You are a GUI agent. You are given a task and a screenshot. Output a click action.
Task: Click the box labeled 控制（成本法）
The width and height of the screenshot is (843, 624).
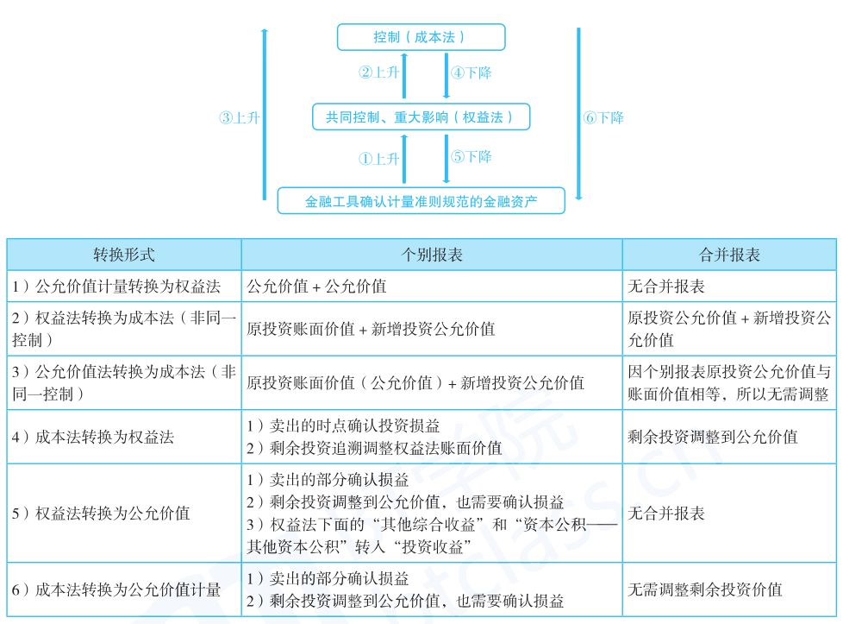420,37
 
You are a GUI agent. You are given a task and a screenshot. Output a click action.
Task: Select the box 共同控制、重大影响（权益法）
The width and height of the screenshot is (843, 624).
420,117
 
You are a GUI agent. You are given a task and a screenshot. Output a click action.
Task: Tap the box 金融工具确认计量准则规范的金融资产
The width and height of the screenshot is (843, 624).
421,201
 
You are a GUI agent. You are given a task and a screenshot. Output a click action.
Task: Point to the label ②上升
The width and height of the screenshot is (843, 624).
379,73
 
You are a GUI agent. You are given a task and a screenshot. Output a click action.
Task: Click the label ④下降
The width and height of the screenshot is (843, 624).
471,73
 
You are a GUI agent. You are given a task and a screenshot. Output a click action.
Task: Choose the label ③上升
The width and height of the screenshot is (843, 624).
239,117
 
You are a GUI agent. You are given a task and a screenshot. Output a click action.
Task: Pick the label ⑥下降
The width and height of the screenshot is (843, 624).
603,117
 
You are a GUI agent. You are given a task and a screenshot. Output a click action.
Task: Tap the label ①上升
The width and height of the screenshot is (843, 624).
379,159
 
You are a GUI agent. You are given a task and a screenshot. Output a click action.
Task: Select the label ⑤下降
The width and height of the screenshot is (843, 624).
471,157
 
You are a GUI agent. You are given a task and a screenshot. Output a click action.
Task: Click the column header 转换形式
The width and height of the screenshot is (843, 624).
124,255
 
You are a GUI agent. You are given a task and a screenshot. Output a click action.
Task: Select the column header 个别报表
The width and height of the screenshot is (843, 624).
432,255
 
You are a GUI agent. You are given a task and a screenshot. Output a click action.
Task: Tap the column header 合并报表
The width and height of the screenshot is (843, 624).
729,255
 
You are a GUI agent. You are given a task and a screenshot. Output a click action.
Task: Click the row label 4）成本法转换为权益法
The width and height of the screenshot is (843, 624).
93,437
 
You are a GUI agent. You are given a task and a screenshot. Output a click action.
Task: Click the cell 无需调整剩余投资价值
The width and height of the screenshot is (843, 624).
705,589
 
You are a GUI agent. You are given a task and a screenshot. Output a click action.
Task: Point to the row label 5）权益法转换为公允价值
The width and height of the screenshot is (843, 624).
101,514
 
